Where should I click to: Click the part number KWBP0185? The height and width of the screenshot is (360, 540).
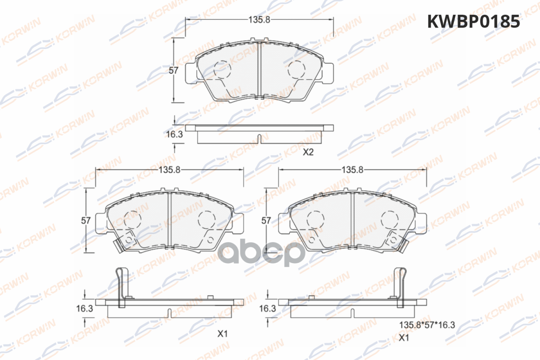pos(473,22)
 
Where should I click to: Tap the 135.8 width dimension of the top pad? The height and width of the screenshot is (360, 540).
pos(259,19)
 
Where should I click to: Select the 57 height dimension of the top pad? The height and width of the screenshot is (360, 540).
pos(173,70)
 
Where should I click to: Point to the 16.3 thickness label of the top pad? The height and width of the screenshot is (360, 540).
pos(175,134)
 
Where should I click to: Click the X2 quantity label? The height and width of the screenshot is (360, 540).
pos(308,152)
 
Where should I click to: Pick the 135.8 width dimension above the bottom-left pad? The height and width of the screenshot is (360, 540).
pos(170,170)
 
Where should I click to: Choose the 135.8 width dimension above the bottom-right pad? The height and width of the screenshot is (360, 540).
pos(352,170)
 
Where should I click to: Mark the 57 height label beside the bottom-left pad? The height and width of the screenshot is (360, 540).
pos(86,220)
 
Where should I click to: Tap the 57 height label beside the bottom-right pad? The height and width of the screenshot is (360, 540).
pos(266,220)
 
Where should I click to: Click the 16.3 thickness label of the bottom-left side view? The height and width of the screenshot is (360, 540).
pos(85,308)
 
